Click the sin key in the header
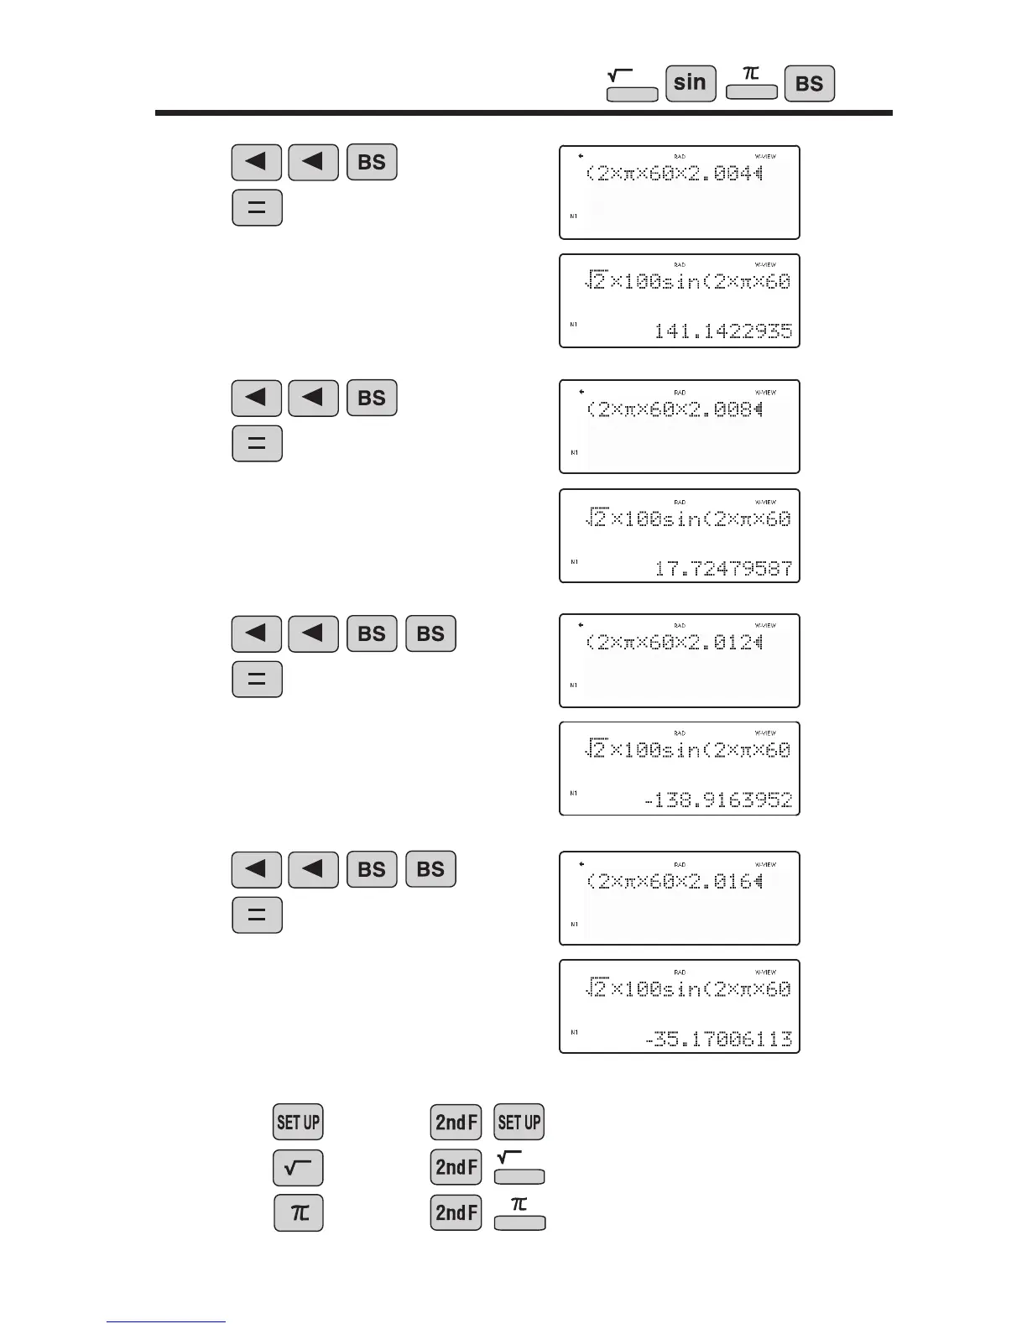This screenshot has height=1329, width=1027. click(691, 83)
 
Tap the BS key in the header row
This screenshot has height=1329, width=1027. click(809, 84)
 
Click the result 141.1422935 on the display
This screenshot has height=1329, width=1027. click(722, 331)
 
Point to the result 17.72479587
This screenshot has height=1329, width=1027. click(722, 569)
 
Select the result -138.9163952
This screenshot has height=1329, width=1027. click(717, 800)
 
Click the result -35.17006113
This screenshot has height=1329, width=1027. click(717, 1039)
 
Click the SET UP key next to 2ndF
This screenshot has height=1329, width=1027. click(519, 1122)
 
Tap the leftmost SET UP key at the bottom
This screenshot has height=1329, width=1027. click(298, 1122)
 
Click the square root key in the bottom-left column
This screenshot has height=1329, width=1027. click(298, 1168)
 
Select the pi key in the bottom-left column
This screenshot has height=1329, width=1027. click(299, 1213)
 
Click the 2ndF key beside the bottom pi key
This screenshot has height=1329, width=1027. click(456, 1213)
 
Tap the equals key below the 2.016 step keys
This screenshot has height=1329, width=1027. click(257, 915)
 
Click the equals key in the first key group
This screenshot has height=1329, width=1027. click(257, 208)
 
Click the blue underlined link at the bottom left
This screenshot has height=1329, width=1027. click(166, 1321)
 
